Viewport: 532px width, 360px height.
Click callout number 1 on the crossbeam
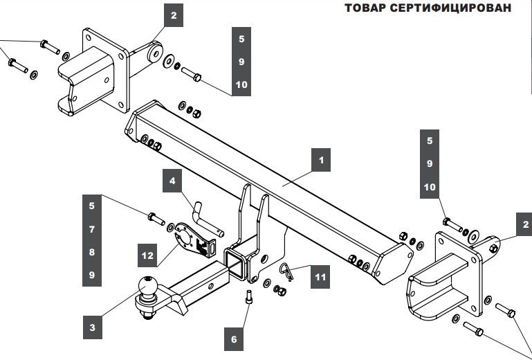[x=320, y=161]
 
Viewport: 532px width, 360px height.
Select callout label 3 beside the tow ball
[x=92, y=325]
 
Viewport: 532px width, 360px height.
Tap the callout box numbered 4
[x=173, y=183]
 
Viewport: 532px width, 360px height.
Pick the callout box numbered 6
[x=234, y=339]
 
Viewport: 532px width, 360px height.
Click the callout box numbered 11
[x=320, y=277]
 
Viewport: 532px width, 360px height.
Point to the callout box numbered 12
[x=147, y=255]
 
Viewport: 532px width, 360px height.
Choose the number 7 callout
[x=92, y=228]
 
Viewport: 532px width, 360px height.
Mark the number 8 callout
[x=92, y=252]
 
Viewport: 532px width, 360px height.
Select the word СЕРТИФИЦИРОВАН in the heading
[x=453, y=8]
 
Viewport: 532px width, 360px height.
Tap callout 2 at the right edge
[x=525, y=224]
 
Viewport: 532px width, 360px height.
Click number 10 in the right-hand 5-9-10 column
[x=430, y=188]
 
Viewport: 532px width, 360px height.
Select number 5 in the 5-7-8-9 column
[x=92, y=205]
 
